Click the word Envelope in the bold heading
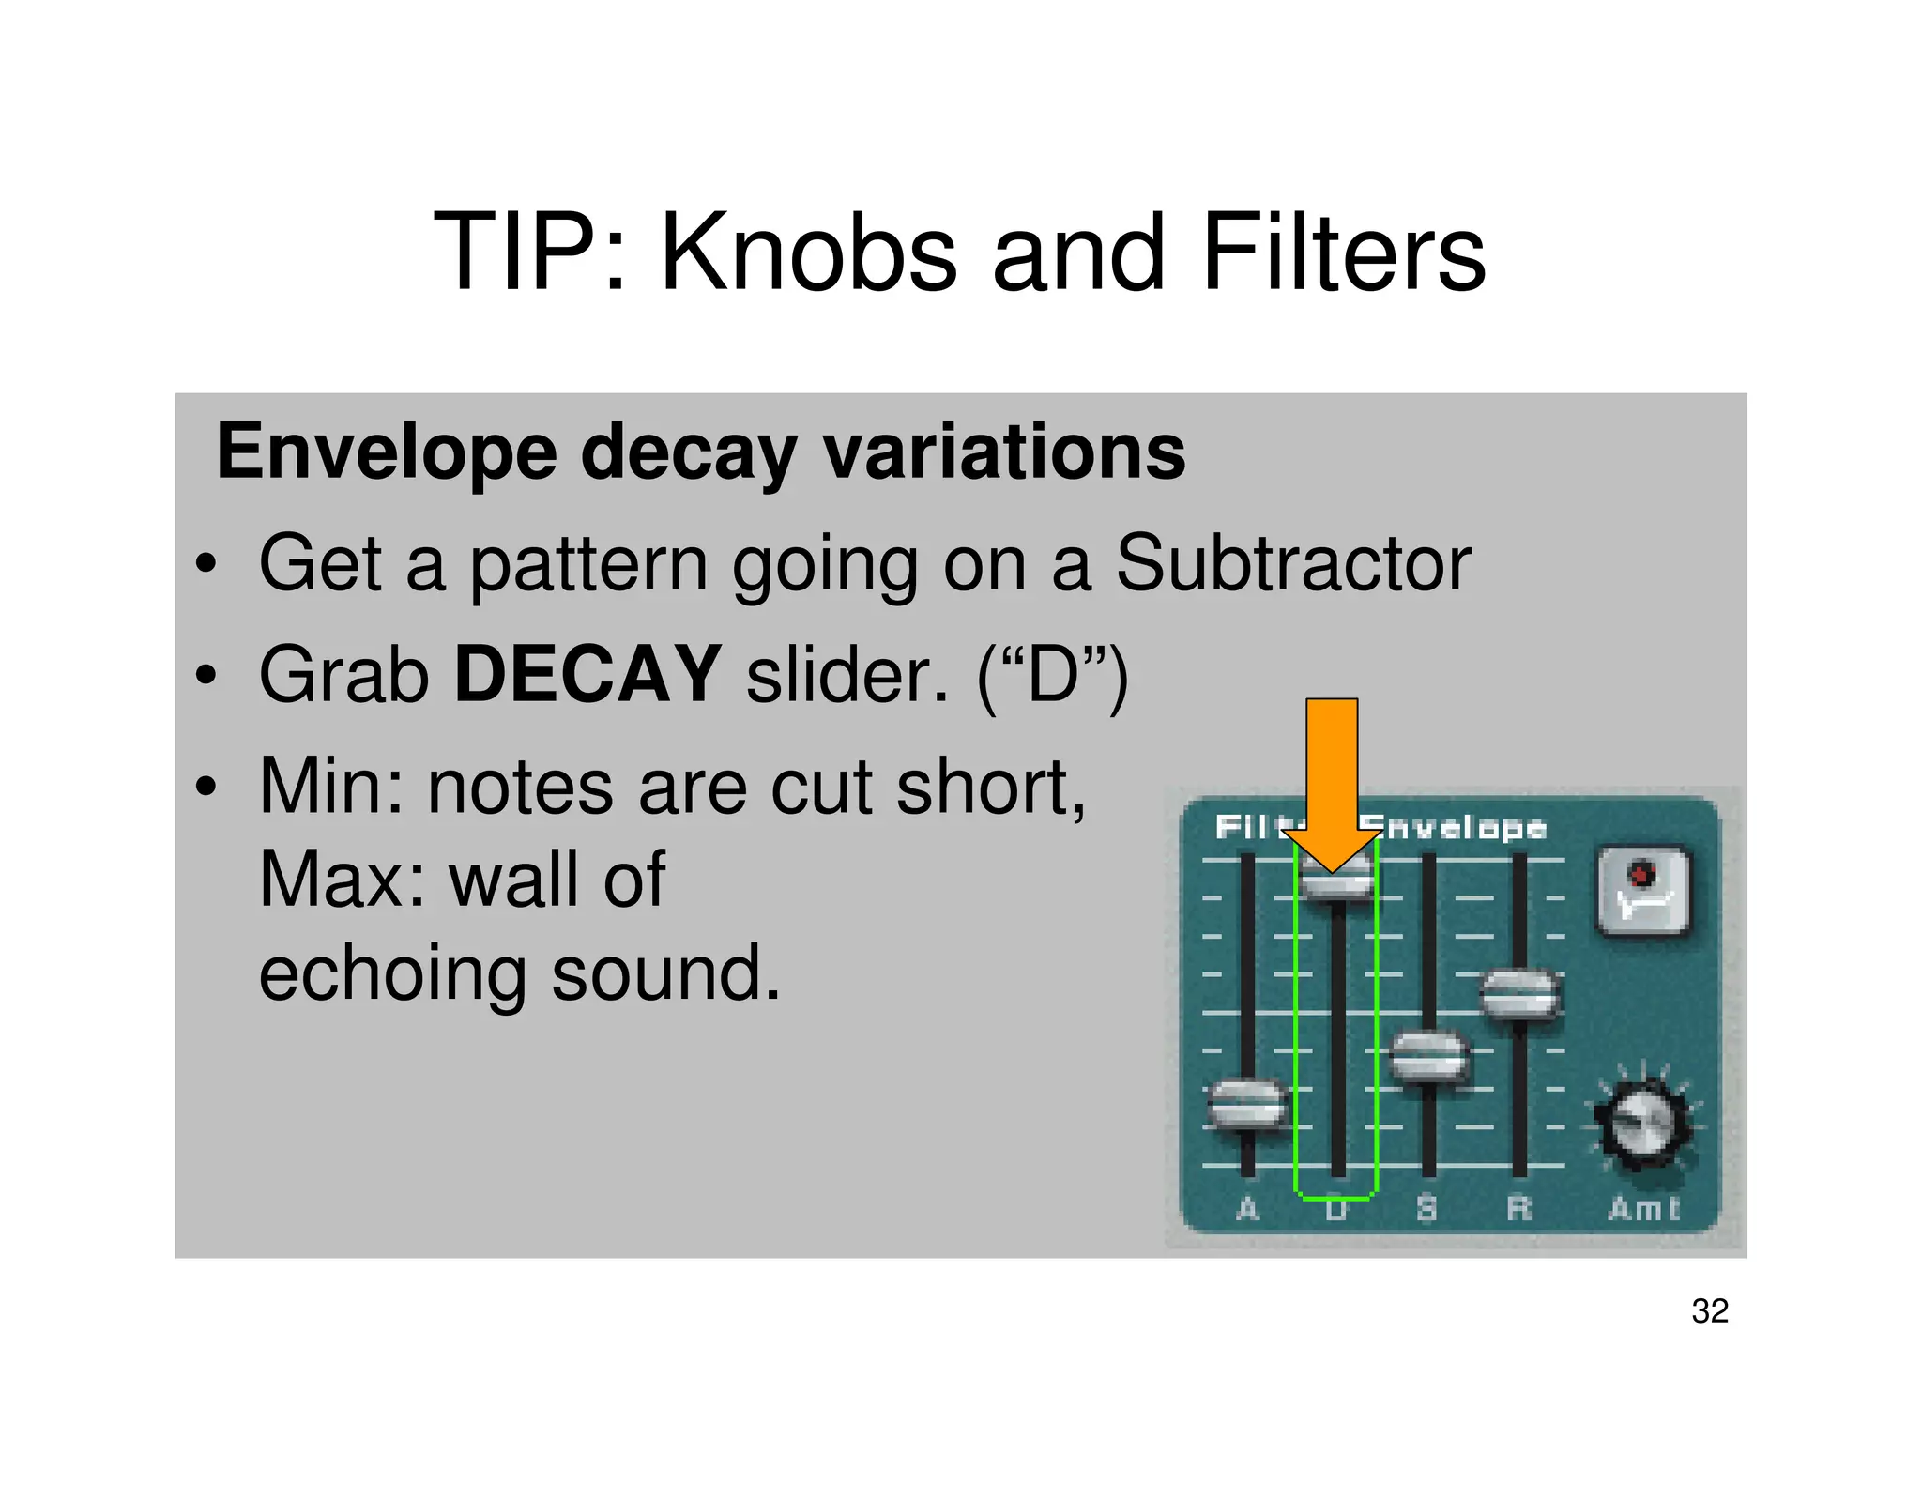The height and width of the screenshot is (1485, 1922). [x=387, y=452]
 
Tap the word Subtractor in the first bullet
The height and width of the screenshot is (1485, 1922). [x=1292, y=563]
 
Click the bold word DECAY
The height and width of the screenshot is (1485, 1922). [x=587, y=674]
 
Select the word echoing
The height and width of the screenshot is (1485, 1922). [x=392, y=973]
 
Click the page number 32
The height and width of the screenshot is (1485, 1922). [x=1709, y=1310]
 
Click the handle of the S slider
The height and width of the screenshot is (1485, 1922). [x=1427, y=1056]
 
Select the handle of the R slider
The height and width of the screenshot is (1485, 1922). [x=1519, y=995]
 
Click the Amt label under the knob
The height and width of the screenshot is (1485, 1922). [x=1643, y=1208]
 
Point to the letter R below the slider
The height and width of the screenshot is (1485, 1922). [x=1518, y=1208]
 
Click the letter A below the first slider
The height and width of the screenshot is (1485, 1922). [x=1247, y=1208]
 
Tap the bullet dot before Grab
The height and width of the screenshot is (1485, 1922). [x=206, y=676]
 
